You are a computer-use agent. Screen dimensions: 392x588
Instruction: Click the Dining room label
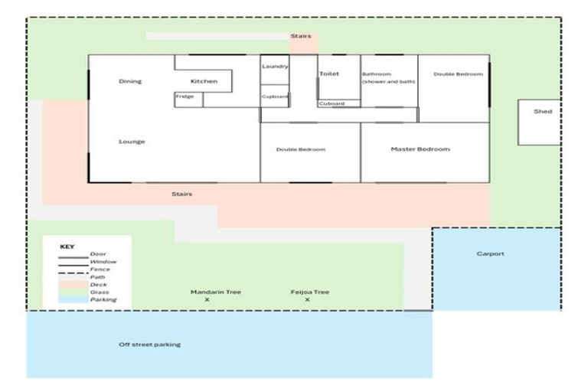tap(130, 81)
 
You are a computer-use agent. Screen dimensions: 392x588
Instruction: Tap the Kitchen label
tap(204, 81)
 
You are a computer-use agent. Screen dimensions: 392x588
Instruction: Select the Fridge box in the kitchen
tap(185, 97)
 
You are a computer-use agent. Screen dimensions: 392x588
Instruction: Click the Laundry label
tap(275, 67)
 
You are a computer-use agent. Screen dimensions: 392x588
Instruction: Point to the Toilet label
tap(329, 74)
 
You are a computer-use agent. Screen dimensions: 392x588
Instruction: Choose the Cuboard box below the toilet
tap(332, 103)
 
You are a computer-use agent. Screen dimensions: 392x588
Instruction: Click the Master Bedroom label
tap(420, 149)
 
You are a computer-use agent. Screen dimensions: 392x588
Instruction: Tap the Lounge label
tap(132, 142)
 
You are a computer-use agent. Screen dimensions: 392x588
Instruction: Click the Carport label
tap(490, 254)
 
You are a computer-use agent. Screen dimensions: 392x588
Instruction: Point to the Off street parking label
tap(150, 345)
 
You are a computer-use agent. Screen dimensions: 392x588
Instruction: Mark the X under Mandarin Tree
tap(207, 300)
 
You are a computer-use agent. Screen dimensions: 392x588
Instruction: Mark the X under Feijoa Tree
tap(307, 300)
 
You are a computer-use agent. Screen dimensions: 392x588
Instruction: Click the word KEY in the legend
tap(67, 247)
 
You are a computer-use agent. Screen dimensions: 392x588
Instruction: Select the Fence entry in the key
tap(100, 269)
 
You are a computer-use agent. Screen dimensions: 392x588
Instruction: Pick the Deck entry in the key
tap(98, 285)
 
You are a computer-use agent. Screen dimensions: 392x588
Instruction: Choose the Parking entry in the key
tap(103, 299)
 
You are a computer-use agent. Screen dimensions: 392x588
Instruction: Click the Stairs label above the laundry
tap(300, 36)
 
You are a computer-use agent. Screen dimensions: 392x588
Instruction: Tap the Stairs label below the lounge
tap(182, 194)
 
